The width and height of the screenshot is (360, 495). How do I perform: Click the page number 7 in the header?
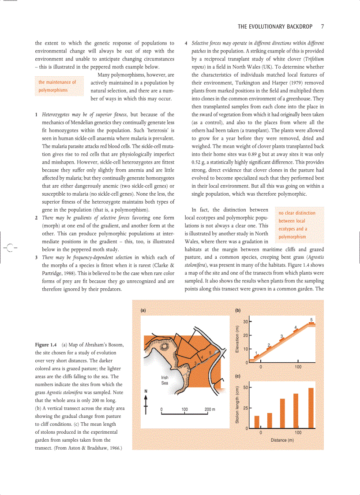click(322, 26)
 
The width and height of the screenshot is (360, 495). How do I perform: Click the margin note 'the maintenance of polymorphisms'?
click(57, 86)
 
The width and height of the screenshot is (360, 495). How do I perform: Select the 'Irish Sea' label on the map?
click(165, 380)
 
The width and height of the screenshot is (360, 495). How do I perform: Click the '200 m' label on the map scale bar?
click(210, 409)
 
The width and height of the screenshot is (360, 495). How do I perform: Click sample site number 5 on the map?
click(210, 352)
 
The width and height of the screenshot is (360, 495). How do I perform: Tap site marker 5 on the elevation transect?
click(311, 320)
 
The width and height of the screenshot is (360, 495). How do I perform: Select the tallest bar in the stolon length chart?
click(311, 408)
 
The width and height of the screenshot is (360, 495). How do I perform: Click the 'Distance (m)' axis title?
click(282, 440)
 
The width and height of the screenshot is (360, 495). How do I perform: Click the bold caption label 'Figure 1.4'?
click(46, 344)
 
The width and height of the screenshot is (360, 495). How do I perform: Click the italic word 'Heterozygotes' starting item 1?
click(56, 115)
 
